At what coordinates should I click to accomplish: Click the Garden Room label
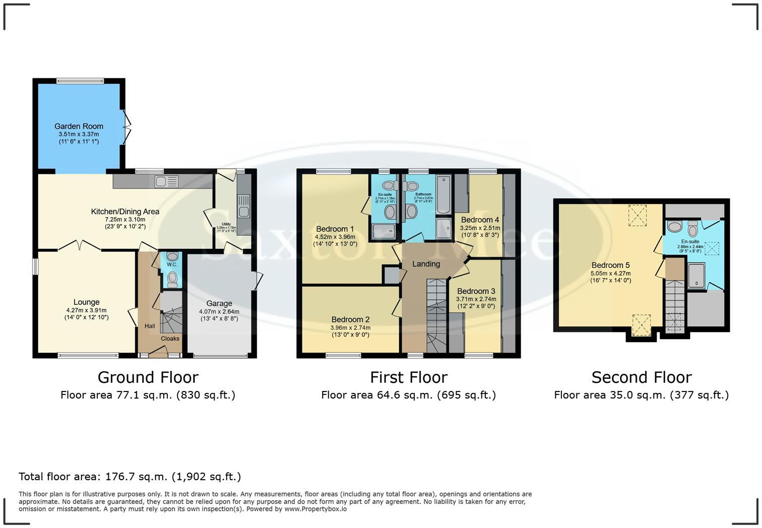[79, 126]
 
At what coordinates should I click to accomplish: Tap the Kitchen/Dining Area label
[125, 212]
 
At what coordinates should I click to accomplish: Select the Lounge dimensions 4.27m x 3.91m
[86, 310]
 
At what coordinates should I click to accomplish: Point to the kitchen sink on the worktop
[167, 181]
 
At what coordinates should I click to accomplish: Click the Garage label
[219, 303]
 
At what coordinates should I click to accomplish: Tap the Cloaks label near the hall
[170, 339]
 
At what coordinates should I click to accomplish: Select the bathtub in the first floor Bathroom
[443, 195]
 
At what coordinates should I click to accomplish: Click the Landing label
[426, 264]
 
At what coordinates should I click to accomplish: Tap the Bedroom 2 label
[350, 319]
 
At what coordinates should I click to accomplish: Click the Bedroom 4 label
[480, 220]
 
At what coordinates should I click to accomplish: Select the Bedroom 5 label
[610, 266]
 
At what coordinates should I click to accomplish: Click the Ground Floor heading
[148, 377]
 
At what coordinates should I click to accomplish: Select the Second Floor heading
[641, 377]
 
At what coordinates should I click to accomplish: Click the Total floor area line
[130, 477]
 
